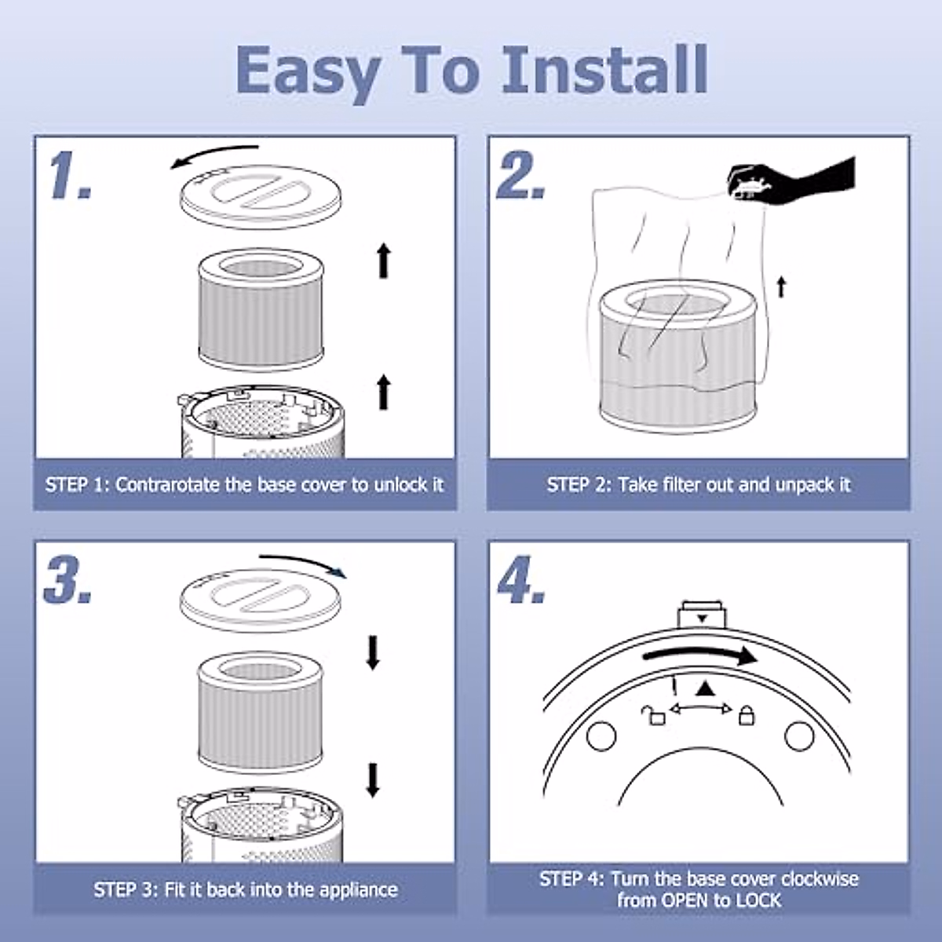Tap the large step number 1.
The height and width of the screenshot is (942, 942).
pos(69,176)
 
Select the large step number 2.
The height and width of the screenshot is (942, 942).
pos(520,176)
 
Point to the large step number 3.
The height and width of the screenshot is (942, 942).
pos(68,581)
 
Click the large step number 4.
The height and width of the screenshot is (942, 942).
pos(520,581)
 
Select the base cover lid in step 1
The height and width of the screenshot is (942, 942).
pos(261,195)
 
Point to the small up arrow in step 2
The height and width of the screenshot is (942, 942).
pos(780,287)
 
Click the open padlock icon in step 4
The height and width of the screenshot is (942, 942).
pos(653,714)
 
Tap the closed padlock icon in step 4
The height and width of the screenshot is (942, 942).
pos(746,714)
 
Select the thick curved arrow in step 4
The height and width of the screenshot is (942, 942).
pos(699,656)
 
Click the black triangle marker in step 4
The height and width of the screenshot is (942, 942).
pos(705,688)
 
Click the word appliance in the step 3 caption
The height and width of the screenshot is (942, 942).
pos(356,889)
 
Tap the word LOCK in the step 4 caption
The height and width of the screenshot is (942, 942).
pos(758,900)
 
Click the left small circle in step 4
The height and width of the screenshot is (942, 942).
pos(602,736)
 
